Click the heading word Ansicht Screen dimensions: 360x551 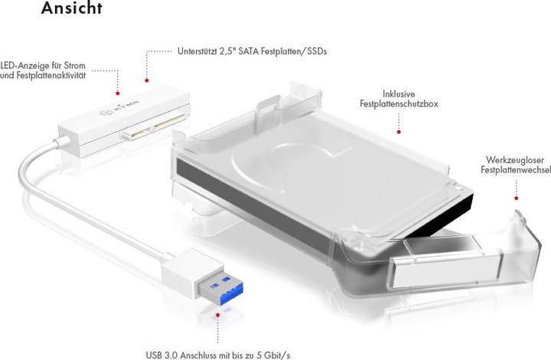72,9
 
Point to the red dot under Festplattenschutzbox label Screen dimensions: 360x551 398,131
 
